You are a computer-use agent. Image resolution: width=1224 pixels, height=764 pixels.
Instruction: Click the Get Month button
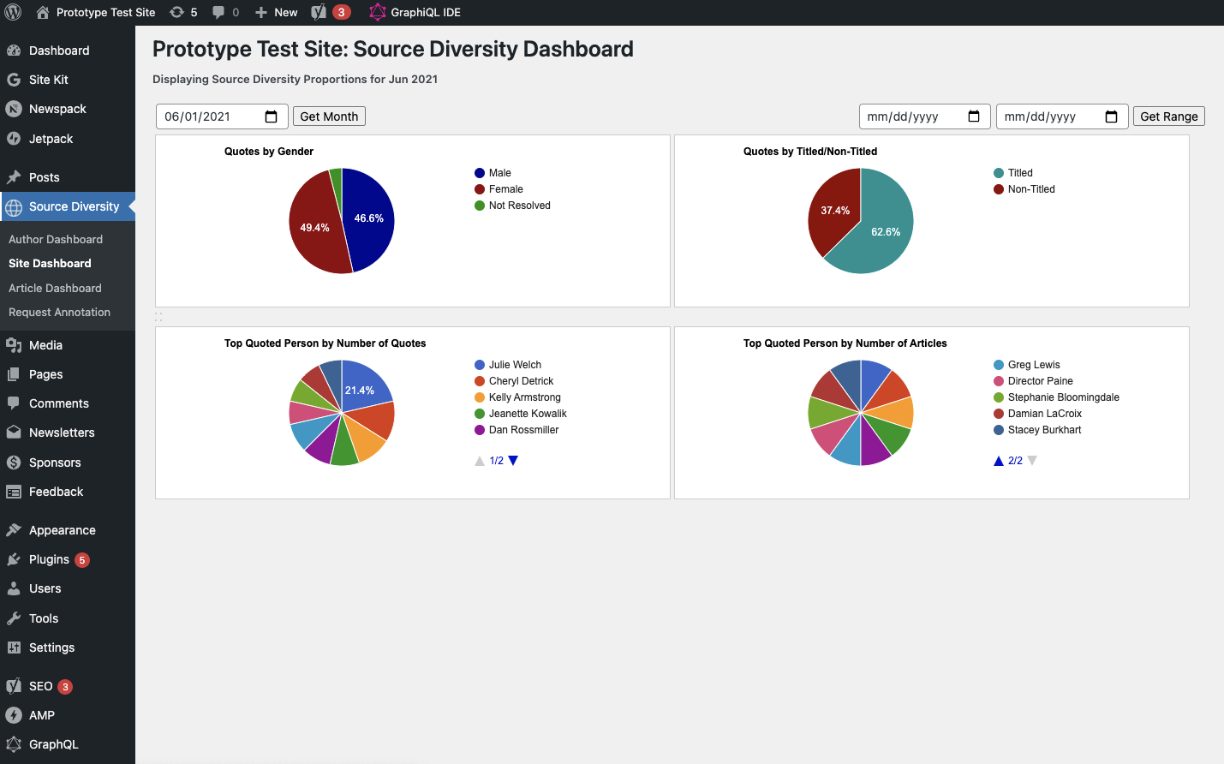click(x=329, y=116)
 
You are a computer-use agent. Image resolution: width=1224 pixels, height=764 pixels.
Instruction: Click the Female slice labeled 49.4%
click(x=313, y=228)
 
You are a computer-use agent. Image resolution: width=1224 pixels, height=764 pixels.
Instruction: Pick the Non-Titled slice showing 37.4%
click(x=834, y=210)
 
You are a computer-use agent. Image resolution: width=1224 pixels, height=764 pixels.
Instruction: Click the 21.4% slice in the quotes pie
click(x=361, y=390)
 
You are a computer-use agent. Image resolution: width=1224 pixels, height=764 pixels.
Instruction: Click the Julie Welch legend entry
click(x=515, y=365)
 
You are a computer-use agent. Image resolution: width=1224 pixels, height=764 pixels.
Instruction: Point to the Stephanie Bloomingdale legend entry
click(x=1063, y=397)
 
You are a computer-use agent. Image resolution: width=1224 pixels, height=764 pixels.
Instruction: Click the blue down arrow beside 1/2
click(x=513, y=461)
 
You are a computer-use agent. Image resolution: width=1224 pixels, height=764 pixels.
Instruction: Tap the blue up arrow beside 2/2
click(x=998, y=461)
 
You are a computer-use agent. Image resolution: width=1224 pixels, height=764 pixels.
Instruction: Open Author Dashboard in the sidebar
click(x=56, y=240)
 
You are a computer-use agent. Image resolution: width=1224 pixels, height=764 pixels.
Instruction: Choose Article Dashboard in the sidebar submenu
click(x=55, y=289)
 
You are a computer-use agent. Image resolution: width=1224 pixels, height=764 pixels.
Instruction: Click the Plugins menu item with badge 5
click(x=49, y=559)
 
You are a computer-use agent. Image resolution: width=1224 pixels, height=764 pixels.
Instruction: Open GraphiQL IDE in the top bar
click(x=425, y=12)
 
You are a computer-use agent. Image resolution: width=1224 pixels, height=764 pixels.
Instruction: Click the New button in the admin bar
click(x=277, y=12)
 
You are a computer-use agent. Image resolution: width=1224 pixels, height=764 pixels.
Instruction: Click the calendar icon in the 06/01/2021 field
click(x=271, y=116)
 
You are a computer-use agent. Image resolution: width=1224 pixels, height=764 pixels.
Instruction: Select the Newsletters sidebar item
click(x=62, y=433)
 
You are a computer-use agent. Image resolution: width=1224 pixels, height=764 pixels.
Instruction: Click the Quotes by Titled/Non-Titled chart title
click(x=809, y=152)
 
